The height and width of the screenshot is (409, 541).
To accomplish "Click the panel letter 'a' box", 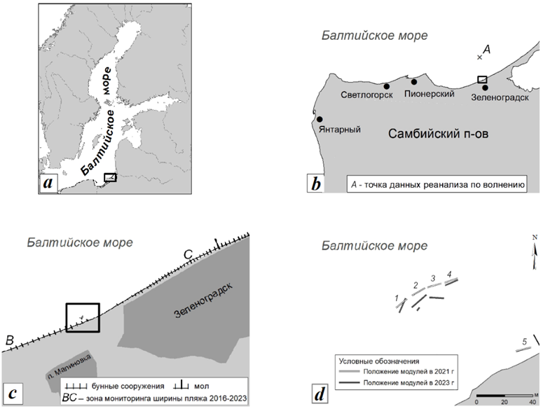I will pos(48,183).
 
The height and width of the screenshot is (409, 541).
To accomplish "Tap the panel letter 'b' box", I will pos(317,184).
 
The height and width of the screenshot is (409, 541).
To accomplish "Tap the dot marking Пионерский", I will pos(414,82).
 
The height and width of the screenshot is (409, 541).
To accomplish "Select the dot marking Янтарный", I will pos(320,119).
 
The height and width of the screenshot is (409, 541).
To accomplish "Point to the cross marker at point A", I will pos(479,57).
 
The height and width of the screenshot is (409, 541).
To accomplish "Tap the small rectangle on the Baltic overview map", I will pos(110,177).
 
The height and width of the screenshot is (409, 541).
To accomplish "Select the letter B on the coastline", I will pos(10,340).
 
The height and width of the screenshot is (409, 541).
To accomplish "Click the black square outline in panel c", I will pos(83,318).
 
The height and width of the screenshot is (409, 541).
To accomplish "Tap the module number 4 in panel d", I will pos(449,273).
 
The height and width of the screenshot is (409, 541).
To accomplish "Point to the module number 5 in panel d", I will pos(524,341).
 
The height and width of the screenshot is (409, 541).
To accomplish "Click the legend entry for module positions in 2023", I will pos(396,384).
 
